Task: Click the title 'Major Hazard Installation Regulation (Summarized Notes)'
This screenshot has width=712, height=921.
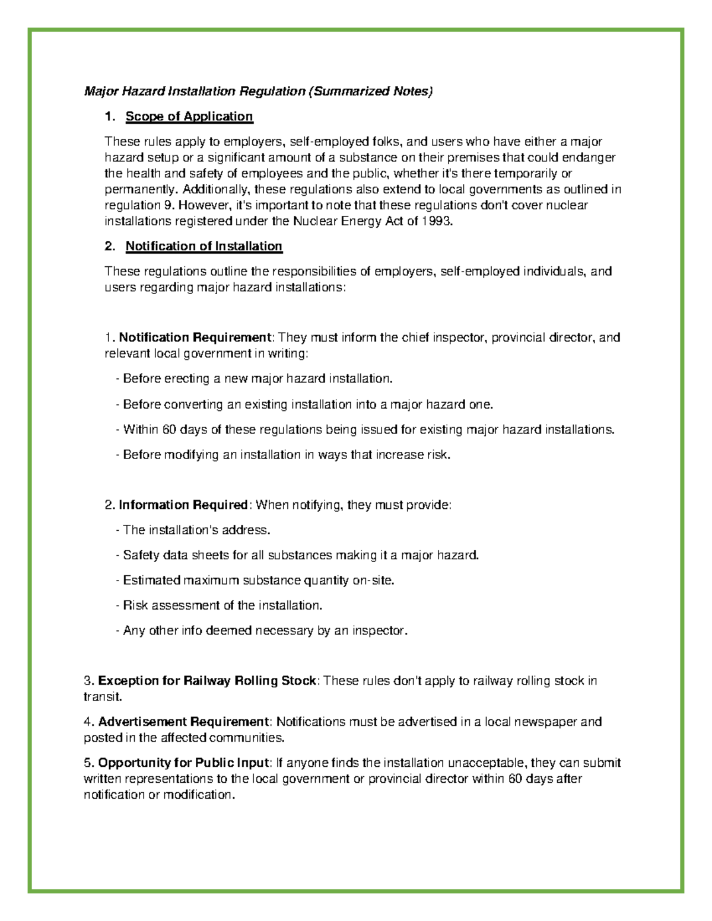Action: [259, 91]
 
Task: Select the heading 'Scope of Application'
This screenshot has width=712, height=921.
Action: [189, 117]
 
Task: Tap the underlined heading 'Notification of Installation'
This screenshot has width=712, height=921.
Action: [204, 246]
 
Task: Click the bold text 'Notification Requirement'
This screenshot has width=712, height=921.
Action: [195, 337]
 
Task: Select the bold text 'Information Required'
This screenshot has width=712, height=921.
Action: [183, 505]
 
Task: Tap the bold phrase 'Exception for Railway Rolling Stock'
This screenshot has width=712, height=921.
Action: [207, 681]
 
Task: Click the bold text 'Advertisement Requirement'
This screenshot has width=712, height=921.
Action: [183, 722]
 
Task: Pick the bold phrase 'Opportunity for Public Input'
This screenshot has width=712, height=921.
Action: [183, 763]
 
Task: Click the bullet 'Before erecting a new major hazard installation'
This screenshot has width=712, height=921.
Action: [255, 378]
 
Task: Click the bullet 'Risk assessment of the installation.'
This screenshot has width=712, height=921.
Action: [220, 605]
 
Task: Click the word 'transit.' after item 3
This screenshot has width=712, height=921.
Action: [103, 697]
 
